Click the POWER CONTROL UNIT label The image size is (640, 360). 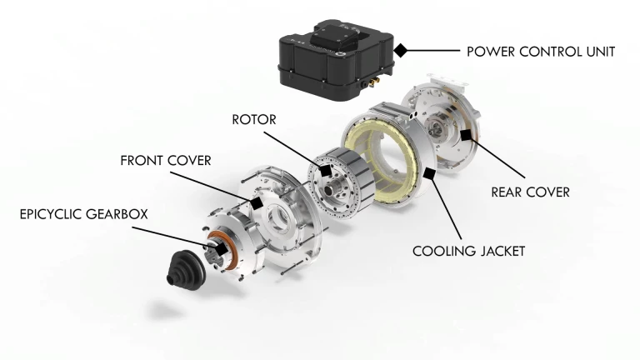[541, 52]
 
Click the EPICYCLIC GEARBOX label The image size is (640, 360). [83, 214]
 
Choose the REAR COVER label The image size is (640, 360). [530, 192]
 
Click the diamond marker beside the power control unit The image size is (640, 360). [401, 51]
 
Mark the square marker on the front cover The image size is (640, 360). [257, 203]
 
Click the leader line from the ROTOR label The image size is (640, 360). [304, 150]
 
